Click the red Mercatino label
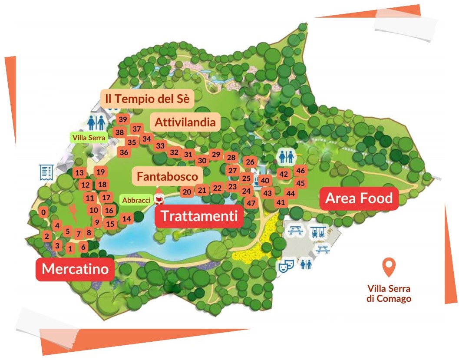75,269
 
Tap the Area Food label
359,198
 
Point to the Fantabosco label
167,176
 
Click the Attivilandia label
185,122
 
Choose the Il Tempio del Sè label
147,99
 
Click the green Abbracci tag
136,200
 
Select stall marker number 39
123,119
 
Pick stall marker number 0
43,212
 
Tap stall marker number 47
251,203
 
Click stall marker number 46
301,171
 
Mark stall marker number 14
126,219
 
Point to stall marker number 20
187,192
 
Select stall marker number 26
250,162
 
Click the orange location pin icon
388,267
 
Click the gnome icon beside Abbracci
159,198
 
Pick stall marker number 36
124,152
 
